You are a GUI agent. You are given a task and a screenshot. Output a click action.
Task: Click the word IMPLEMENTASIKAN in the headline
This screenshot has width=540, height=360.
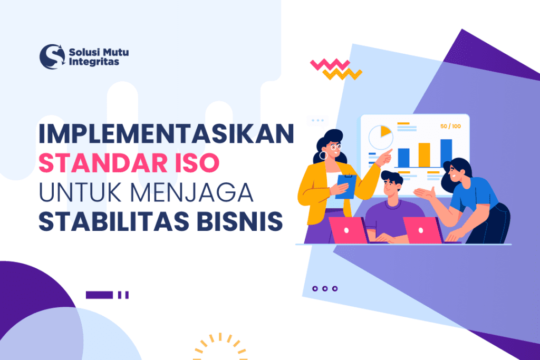(166, 134)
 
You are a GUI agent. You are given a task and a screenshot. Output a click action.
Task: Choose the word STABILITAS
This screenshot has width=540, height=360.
(102, 221)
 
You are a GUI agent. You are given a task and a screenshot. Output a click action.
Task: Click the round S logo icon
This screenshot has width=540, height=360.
(52, 56)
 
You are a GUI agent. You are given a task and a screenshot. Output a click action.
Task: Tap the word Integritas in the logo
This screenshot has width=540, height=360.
(94, 62)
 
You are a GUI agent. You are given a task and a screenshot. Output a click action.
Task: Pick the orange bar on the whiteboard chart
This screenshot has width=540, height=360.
(424, 154)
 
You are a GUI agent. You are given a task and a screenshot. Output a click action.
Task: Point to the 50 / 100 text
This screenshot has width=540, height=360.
(450, 127)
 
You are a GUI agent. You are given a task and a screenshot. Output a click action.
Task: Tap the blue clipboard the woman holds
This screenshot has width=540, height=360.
(346, 187)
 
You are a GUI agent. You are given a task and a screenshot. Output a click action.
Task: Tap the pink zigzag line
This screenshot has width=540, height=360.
(330, 64)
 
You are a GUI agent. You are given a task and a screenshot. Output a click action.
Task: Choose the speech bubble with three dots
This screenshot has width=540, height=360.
(317, 120)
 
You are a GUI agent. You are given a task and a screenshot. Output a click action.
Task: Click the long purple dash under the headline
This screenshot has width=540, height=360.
(99, 295)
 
